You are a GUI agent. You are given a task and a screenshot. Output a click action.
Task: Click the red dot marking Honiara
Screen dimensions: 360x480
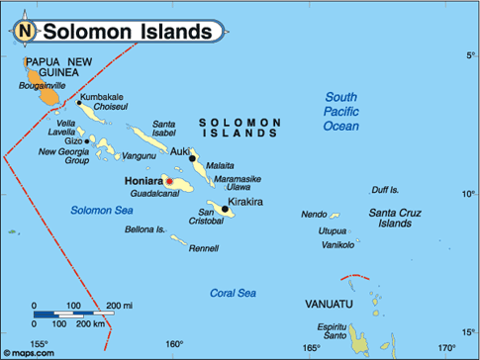169,182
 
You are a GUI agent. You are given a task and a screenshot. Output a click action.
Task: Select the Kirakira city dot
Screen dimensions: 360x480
226,208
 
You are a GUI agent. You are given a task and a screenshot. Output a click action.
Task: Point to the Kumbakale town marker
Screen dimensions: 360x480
79,102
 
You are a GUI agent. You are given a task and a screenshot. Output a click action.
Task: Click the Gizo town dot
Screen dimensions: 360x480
88,140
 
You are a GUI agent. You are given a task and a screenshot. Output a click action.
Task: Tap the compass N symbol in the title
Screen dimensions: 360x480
24,32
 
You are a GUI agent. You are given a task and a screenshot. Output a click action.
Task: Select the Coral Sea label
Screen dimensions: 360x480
233,293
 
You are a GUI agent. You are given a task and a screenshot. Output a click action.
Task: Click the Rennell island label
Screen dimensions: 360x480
203,248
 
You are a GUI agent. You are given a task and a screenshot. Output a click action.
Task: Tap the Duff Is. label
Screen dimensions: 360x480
385,189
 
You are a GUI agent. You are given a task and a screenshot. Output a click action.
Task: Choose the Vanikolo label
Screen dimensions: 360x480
337,243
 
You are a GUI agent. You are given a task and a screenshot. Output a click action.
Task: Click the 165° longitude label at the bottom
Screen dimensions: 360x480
311,347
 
